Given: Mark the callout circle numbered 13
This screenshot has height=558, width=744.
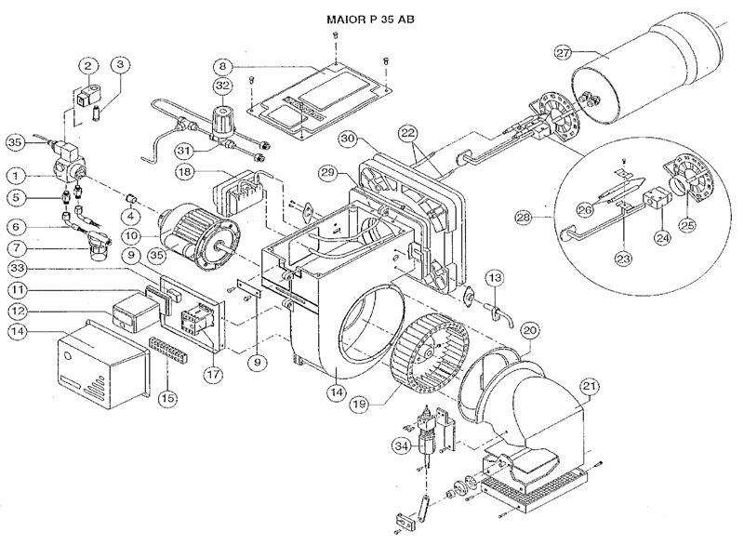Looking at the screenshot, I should [x=495, y=277].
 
